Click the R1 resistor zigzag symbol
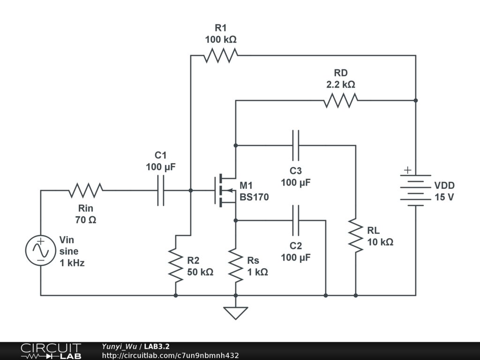point(221,55)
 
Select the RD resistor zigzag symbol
point(341,100)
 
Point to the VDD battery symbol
point(415,190)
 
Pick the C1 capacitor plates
point(161,190)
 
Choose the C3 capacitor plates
point(295,145)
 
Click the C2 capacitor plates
point(295,220)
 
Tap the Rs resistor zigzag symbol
point(236,265)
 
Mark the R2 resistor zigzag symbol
point(176,265)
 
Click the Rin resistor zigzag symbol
point(86,190)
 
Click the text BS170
point(254,197)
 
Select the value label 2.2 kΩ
point(341,85)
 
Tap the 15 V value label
point(444,197)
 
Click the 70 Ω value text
point(85,219)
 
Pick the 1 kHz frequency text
point(72,263)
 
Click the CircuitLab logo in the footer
point(51,351)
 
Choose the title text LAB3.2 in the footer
point(157,347)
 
